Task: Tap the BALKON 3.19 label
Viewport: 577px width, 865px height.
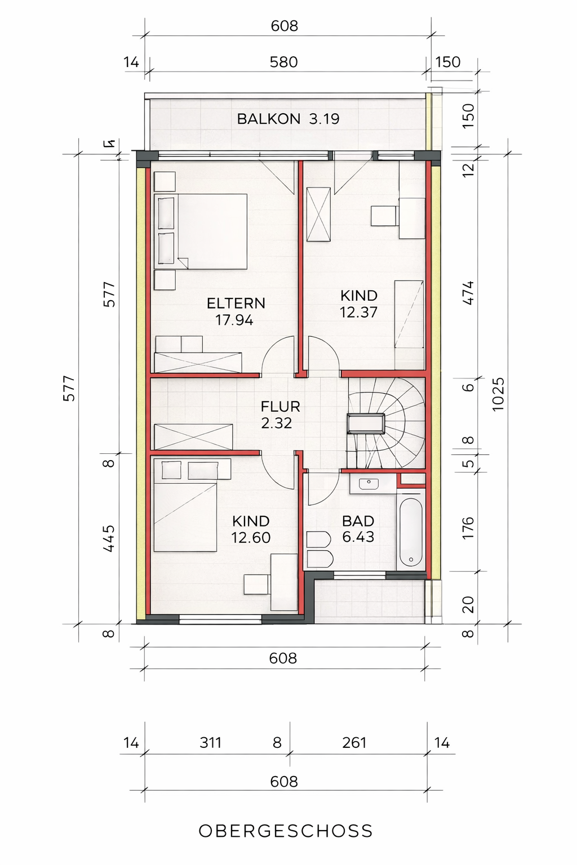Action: [288, 119]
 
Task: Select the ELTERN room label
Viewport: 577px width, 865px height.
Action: [236, 303]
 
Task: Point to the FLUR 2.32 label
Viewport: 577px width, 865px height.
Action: [280, 414]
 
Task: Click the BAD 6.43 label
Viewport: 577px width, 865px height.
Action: [358, 529]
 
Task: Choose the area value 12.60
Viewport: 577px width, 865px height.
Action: [250, 538]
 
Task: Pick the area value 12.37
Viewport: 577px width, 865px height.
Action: [358, 312]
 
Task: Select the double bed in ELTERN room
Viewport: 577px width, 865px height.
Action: [201, 231]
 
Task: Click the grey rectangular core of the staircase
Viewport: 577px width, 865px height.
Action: [366, 423]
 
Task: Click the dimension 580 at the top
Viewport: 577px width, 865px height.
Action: [283, 62]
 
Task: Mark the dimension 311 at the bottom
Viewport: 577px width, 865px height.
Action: [210, 742]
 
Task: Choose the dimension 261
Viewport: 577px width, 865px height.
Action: [354, 742]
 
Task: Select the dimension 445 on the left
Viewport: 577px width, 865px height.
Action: [109, 538]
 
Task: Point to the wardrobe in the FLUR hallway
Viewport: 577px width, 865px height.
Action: [193, 437]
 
